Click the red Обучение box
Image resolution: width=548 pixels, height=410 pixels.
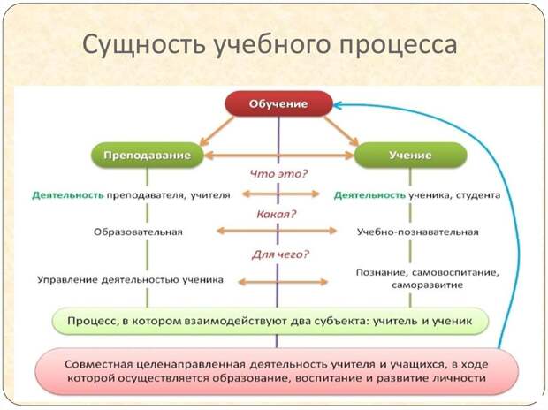pyautogui.click(x=278, y=103)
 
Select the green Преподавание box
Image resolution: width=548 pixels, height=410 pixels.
pyautogui.click(x=147, y=156)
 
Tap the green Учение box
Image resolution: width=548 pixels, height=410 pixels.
pyautogui.click(x=411, y=156)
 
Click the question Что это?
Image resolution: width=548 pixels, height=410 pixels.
pyautogui.click(x=278, y=174)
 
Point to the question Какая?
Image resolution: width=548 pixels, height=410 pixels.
pyautogui.click(x=276, y=214)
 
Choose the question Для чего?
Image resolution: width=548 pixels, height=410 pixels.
pyautogui.click(x=280, y=254)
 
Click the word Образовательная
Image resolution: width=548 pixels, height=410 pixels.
pyautogui.click(x=138, y=232)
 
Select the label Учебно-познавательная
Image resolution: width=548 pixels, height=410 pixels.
pyautogui.click(x=418, y=232)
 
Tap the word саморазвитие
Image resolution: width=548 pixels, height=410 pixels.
pyautogui.click(x=427, y=285)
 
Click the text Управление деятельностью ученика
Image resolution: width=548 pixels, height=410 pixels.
pyautogui.click(x=130, y=280)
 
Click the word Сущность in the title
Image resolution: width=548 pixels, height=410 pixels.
pyautogui.click(x=144, y=44)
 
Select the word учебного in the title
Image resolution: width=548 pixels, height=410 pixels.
pyautogui.click(x=272, y=45)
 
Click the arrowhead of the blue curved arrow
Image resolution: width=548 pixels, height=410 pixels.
pyautogui.click(x=336, y=104)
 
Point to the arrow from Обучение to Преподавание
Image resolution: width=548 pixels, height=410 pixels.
pyautogui.click(x=217, y=131)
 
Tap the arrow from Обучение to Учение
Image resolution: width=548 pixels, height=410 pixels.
pyautogui.click(x=341, y=131)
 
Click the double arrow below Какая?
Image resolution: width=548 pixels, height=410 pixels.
pyautogui.click(x=277, y=231)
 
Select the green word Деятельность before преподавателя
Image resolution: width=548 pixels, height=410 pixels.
pyautogui.click(x=68, y=195)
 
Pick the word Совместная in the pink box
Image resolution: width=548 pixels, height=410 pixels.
pyautogui.click(x=99, y=365)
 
